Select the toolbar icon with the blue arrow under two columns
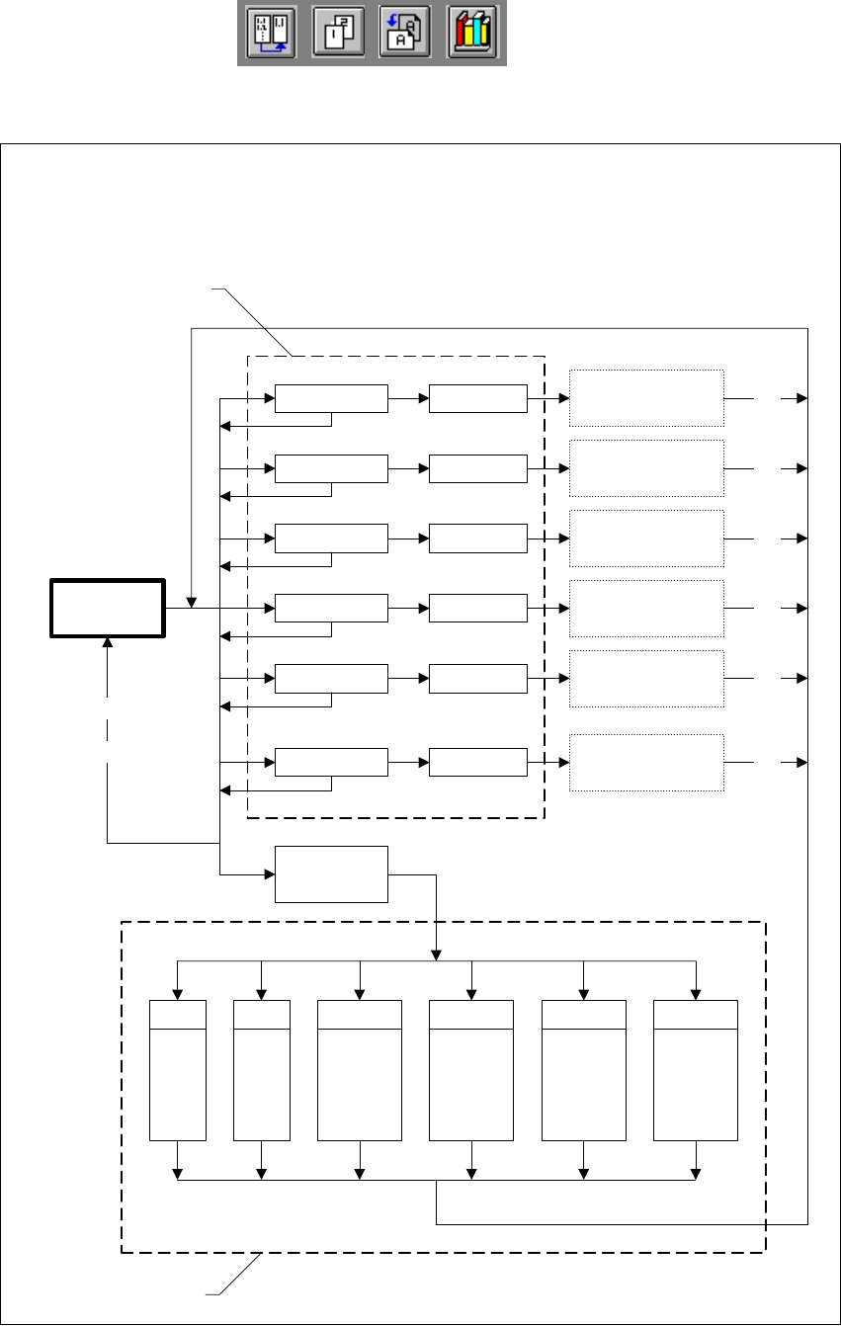(x=272, y=35)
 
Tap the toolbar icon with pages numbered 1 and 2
(x=339, y=35)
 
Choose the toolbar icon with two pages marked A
(x=405, y=35)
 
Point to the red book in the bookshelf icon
(x=462, y=37)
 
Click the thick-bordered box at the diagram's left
(x=108, y=607)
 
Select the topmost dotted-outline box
(x=647, y=398)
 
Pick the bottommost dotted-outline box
(x=647, y=763)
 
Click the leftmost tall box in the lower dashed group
(x=177, y=1069)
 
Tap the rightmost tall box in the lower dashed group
(x=696, y=1069)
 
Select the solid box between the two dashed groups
(x=331, y=873)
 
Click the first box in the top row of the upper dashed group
(x=331, y=398)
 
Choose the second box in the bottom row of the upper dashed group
(x=478, y=763)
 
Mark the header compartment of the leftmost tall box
(x=177, y=1014)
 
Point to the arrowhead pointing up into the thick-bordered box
(x=108, y=642)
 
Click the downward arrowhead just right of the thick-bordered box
(x=192, y=602)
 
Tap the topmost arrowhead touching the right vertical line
(x=801, y=398)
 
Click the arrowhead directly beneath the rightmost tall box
(x=696, y=1174)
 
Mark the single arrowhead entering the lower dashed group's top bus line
(x=436, y=954)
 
